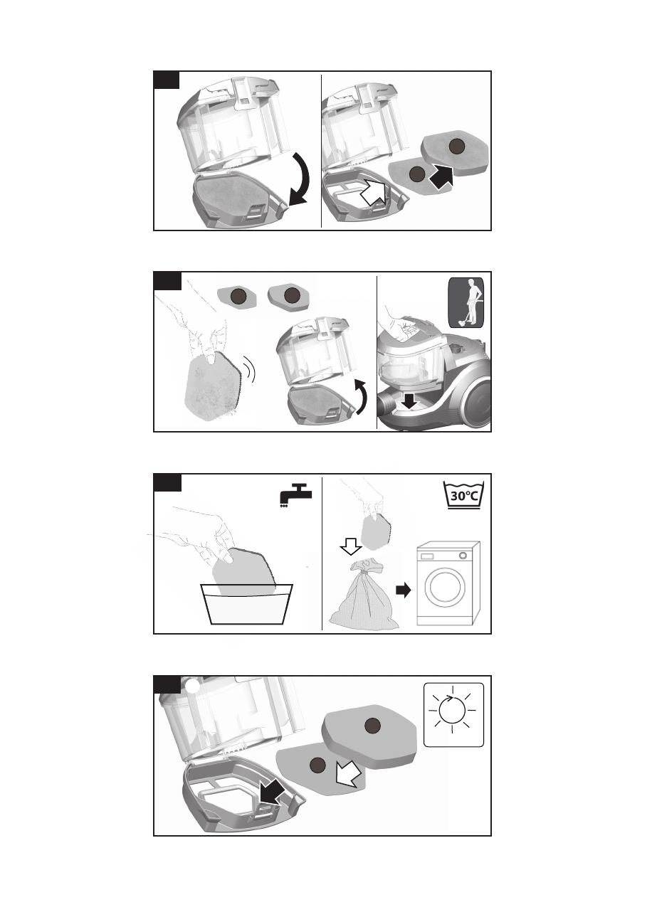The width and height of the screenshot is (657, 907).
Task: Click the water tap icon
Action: pyautogui.click(x=295, y=494)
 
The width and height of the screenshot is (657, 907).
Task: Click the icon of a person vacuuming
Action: pyautogui.click(x=466, y=302)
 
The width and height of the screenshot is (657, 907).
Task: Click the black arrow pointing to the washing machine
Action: pyautogui.click(x=404, y=590)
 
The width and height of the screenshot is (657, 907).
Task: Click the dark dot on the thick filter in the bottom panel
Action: pyautogui.click(x=373, y=726)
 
